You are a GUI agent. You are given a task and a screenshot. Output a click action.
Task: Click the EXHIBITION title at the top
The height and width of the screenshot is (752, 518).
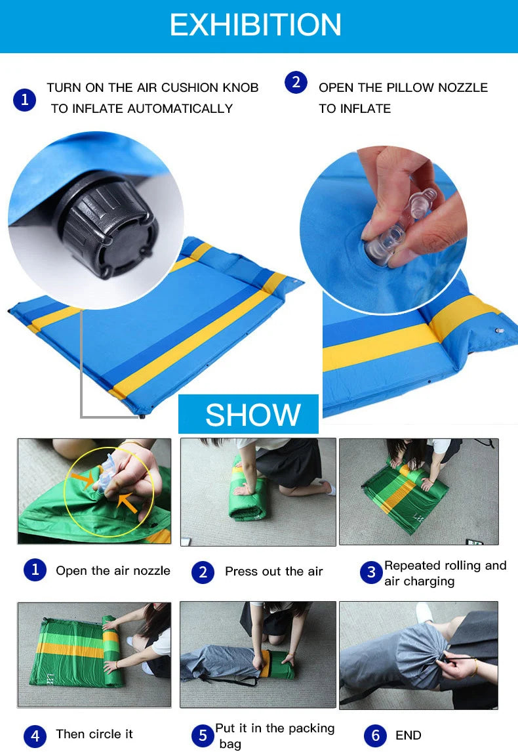(x=256, y=25)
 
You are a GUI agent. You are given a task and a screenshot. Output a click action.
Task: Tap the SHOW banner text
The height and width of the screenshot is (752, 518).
(x=252, y=415)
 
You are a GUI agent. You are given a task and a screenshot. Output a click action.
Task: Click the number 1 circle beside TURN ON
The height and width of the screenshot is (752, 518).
(x=24, y=100)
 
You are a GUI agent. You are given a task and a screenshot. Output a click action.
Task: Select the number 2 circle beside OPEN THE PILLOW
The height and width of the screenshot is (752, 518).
(x=296, y=83)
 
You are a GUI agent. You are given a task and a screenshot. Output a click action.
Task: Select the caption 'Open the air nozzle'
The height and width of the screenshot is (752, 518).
(x=113, y=571)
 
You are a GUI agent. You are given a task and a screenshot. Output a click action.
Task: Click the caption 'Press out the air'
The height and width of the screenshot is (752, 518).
(x=273, y=572)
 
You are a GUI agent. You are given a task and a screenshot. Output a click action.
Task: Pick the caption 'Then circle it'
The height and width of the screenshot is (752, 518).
(x=94, y=734)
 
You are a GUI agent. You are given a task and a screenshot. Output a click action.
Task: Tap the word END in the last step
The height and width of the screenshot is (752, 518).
(x=408, y=736)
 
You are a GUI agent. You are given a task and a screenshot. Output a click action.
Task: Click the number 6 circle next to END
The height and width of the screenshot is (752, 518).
(x=375, y=736)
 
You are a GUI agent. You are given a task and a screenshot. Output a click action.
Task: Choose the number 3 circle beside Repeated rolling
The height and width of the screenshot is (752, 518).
(x=371, y=572)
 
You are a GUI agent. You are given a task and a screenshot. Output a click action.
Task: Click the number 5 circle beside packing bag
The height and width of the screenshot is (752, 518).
(x=203, y=736)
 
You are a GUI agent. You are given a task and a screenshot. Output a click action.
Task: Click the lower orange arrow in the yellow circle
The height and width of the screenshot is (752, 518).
(x=127, y=504)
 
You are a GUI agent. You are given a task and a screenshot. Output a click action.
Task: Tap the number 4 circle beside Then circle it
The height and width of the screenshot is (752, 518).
(x=35, y=736)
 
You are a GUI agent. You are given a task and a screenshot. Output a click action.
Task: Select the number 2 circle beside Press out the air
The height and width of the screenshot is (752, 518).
(x=203, y=572)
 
